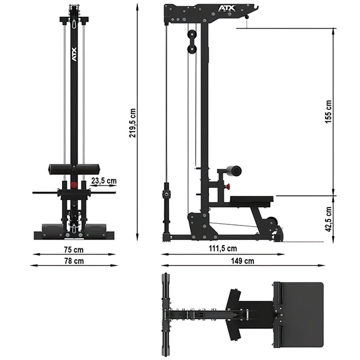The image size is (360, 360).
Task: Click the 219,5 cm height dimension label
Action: pos(132,123)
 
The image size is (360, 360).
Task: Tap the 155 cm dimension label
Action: pos(329,112)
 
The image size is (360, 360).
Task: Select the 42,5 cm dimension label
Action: pos(329,219)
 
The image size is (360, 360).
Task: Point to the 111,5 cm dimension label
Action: pos(223,248)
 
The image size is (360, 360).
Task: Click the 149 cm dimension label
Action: pos(242,261)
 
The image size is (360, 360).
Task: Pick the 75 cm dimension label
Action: pos(74,250)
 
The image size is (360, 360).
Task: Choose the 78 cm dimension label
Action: pos(74,261)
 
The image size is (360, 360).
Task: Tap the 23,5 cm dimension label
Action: pos(104,181)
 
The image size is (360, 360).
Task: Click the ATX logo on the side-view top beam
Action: pos(227,8)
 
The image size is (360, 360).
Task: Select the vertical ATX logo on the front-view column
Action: pos(74,54)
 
